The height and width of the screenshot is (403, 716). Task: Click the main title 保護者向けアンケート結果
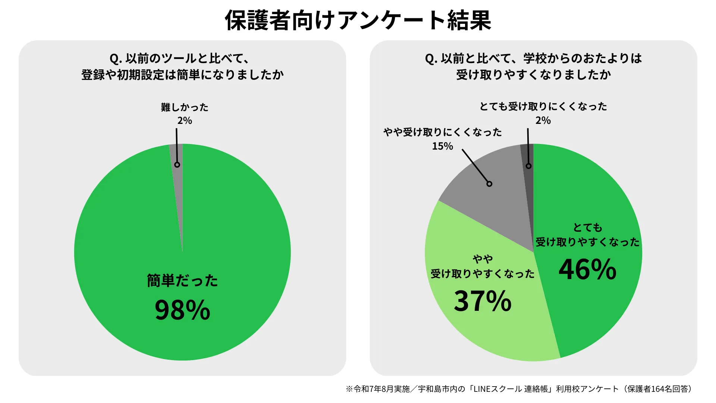(358, 20)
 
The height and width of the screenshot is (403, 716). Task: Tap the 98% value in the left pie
(182, 310)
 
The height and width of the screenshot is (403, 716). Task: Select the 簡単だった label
(182, 281)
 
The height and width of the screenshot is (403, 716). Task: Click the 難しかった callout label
(185, 107)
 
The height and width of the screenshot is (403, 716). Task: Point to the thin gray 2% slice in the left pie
(179, 187)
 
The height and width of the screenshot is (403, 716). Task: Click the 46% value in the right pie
(587, 269)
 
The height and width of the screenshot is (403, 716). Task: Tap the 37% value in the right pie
(483, 301)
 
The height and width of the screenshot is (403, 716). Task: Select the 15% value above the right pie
(442, 146)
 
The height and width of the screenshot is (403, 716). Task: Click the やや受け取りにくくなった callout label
(442, 132)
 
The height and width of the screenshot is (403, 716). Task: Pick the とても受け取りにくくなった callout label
(543, 107)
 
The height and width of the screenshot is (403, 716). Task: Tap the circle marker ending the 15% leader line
(489, 184)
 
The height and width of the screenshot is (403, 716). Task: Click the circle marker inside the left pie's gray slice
(177, 165)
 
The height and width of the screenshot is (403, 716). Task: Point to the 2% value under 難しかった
(185, 121)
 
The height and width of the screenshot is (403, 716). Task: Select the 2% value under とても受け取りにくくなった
(543, 121)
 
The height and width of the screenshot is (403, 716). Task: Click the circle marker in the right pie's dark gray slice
(528, 166)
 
